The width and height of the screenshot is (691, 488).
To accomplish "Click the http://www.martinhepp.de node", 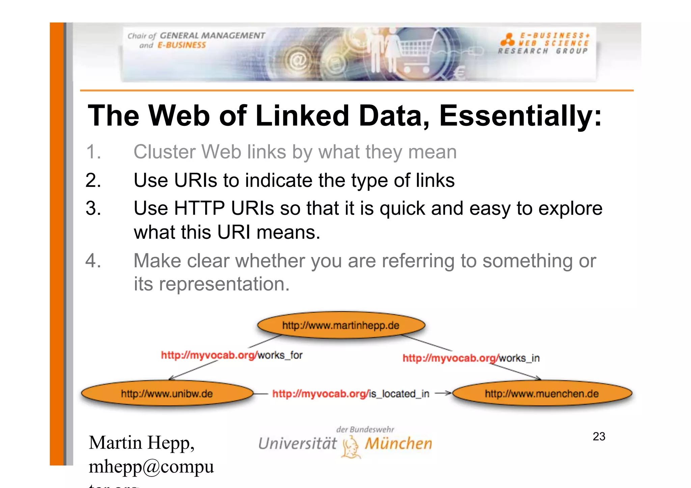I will (x=341, y=325).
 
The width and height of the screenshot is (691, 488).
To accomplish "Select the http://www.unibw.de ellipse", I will (x=167, y=394).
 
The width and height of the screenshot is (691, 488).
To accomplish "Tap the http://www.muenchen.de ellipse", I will (x=542, y=394).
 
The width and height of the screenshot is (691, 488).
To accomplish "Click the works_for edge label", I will (x=232, y=355).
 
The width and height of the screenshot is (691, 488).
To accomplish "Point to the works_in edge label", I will (x=471, y=358).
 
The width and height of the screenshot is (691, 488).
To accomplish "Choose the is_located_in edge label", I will (x=351, y=394).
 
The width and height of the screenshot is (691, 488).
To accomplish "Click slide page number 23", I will (x=599, y=436).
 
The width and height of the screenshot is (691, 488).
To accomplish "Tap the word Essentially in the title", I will (x=520, y=116).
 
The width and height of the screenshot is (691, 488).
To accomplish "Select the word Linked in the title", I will (x=302, y=116).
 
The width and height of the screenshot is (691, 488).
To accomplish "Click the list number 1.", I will (x=93, y=152).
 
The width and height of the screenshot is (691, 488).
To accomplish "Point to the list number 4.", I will (x=93, y=261).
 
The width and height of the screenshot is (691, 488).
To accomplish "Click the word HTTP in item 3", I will (x=199, y=208).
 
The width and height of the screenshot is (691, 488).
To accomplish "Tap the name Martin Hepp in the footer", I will (x=141, y=442).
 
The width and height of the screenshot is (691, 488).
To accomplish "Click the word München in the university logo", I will (x=398, y=443).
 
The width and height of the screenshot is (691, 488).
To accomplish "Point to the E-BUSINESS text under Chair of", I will (x=182, y=45).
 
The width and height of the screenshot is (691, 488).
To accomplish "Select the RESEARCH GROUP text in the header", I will (x=543, y=51).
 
